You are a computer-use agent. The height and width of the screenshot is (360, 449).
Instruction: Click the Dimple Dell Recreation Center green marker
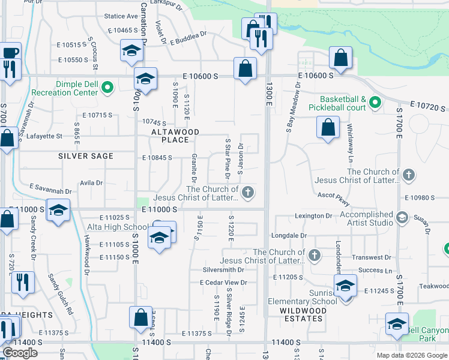click(107, 88)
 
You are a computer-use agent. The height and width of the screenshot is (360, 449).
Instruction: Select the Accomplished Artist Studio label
click(366, 218)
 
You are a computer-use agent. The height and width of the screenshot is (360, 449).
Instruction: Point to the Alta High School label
click(118, 227)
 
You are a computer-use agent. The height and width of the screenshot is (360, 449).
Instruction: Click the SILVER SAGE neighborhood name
click(86, 156)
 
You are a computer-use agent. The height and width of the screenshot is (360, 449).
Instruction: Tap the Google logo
click(20, 353)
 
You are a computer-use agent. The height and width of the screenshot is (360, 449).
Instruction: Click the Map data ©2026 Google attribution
click(411, 355)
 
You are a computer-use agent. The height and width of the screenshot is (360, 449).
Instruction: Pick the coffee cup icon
click(10, 52)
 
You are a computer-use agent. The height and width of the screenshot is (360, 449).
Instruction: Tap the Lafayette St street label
click(45, 136)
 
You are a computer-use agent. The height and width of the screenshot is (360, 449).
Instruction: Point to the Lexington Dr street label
click(313, 215)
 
